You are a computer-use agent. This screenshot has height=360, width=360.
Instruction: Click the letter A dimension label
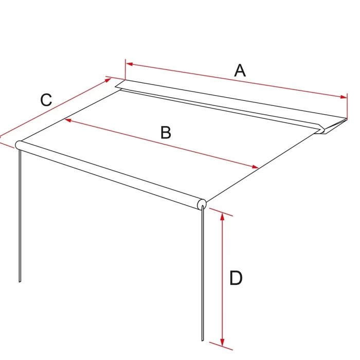pos(240,70)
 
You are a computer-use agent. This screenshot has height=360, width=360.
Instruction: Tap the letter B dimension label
pos(166,133)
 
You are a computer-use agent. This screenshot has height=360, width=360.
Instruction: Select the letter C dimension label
pos(46,100)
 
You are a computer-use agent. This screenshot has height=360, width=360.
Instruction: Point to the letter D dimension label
pos(236,278)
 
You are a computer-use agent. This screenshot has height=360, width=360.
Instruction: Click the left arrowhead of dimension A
pos(130,64)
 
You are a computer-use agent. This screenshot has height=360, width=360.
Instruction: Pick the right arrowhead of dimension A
pos(344,97)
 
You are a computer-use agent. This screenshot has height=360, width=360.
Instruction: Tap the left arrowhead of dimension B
pos(68,120)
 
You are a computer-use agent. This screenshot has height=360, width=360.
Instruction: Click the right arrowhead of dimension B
pos(255,167)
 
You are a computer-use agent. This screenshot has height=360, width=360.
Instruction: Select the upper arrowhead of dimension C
pos(108,80)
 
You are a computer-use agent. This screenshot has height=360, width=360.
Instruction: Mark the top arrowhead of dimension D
pos(222,217)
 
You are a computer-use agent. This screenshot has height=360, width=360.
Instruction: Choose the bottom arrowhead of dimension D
pos(222,342)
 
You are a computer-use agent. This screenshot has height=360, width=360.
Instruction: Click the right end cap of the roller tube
pos(202,204)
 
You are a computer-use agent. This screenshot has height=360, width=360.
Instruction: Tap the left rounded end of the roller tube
pos(19,145)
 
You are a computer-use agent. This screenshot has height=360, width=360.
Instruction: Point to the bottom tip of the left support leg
pos(20,282)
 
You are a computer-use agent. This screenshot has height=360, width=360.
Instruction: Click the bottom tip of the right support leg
pos(203,340)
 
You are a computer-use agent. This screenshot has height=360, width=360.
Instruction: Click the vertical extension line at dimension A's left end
pos(125,69)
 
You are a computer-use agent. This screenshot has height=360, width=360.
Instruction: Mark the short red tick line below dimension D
pos(221,346)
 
